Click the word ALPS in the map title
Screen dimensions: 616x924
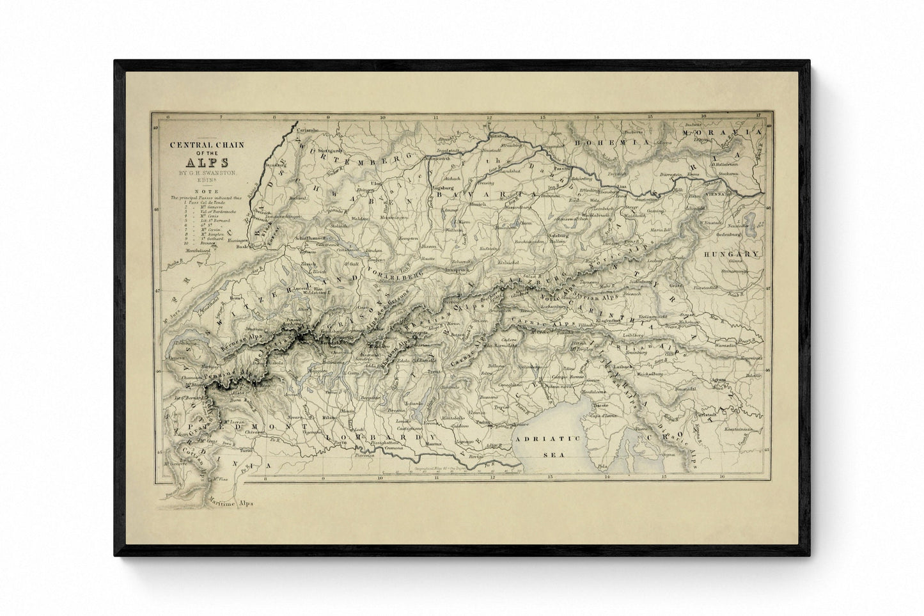click(x=200, y=162)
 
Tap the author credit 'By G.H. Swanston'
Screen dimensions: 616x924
click(x=200, y=173)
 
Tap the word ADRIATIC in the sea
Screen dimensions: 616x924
click(x=542, y=439)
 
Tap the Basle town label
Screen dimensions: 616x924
click(x=242, y=246)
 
